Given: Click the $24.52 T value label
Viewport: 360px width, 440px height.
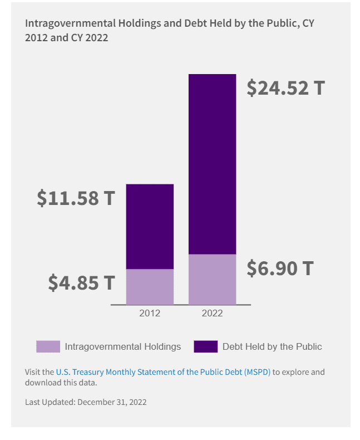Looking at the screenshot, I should click(285, 88).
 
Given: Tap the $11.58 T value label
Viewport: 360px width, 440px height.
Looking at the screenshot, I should click(76, 198).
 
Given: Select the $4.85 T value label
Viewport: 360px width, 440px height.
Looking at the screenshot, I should click(81, 282).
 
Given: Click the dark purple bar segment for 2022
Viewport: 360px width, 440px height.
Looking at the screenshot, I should click(212, 164).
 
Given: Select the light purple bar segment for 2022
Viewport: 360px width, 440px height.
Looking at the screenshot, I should click(212, 279).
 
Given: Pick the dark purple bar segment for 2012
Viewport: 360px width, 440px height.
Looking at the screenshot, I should click(150, 226).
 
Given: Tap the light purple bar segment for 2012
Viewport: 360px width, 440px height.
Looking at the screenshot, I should click(150, 286).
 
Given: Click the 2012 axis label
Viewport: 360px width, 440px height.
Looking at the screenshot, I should click(150, 314).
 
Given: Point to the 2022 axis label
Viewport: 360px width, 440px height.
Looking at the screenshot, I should click(212, 314).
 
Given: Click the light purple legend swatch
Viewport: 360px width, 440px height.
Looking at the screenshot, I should click(48, 346).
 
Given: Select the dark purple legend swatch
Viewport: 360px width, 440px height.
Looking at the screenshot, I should click(205, 346).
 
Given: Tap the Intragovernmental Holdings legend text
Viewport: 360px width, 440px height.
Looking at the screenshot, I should click(123, 346).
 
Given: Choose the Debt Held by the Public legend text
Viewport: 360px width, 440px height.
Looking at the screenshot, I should click(272, 346).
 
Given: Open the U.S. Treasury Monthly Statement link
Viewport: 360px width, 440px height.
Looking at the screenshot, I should click(163, 372).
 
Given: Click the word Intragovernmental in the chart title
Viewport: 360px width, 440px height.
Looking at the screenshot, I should click(71, 23).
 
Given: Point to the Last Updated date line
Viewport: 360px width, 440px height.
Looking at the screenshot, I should click(86, 402).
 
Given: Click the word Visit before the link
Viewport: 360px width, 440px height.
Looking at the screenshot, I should click(32, 372).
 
